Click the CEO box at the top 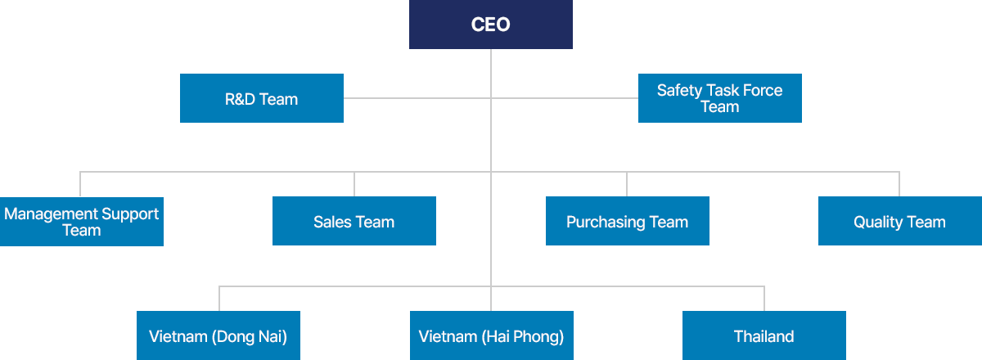click(491, 25)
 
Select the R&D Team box click(262, 99)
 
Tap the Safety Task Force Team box click(720, 98)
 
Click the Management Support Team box click(82, 222)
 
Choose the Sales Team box click(354, 222)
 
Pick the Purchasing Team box click(628, 222)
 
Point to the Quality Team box click(900, 222)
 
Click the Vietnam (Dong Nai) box click(218, 336)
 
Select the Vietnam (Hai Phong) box click(491, 336)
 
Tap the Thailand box click(764, 336)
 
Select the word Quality click(877, 223)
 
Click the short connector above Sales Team click(354, 184)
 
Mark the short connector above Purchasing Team click(627, 184)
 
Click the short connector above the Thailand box click(764, 299)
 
